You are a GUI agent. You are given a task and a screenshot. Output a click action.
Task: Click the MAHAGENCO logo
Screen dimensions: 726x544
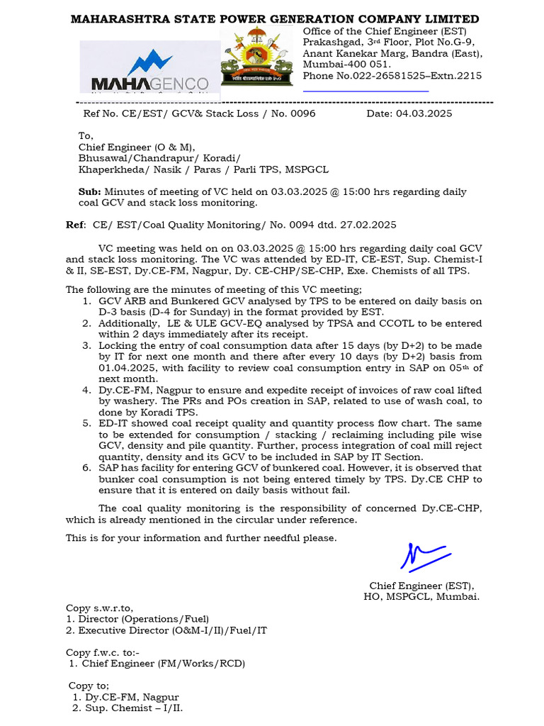(x=149, y=71)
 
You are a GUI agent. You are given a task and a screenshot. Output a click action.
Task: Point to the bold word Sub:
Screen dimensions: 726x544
(x=89, y=192)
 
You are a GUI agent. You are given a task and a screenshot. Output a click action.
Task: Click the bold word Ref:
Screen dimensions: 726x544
(x=76, y=225)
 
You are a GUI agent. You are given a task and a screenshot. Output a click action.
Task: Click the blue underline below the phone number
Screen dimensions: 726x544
(x=365, y=91)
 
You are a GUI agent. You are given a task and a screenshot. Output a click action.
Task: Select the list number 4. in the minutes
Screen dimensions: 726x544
(x=85, y=391)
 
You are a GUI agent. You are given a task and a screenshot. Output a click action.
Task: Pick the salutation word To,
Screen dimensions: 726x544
(x=86, y=136)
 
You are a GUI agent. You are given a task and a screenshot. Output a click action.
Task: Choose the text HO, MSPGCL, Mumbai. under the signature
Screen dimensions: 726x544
(x=421, y=596)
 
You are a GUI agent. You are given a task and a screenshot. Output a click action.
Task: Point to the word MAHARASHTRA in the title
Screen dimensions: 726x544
(x=120, y=19)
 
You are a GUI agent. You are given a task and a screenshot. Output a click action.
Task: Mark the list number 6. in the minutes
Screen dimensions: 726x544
(x=85, y=468)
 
